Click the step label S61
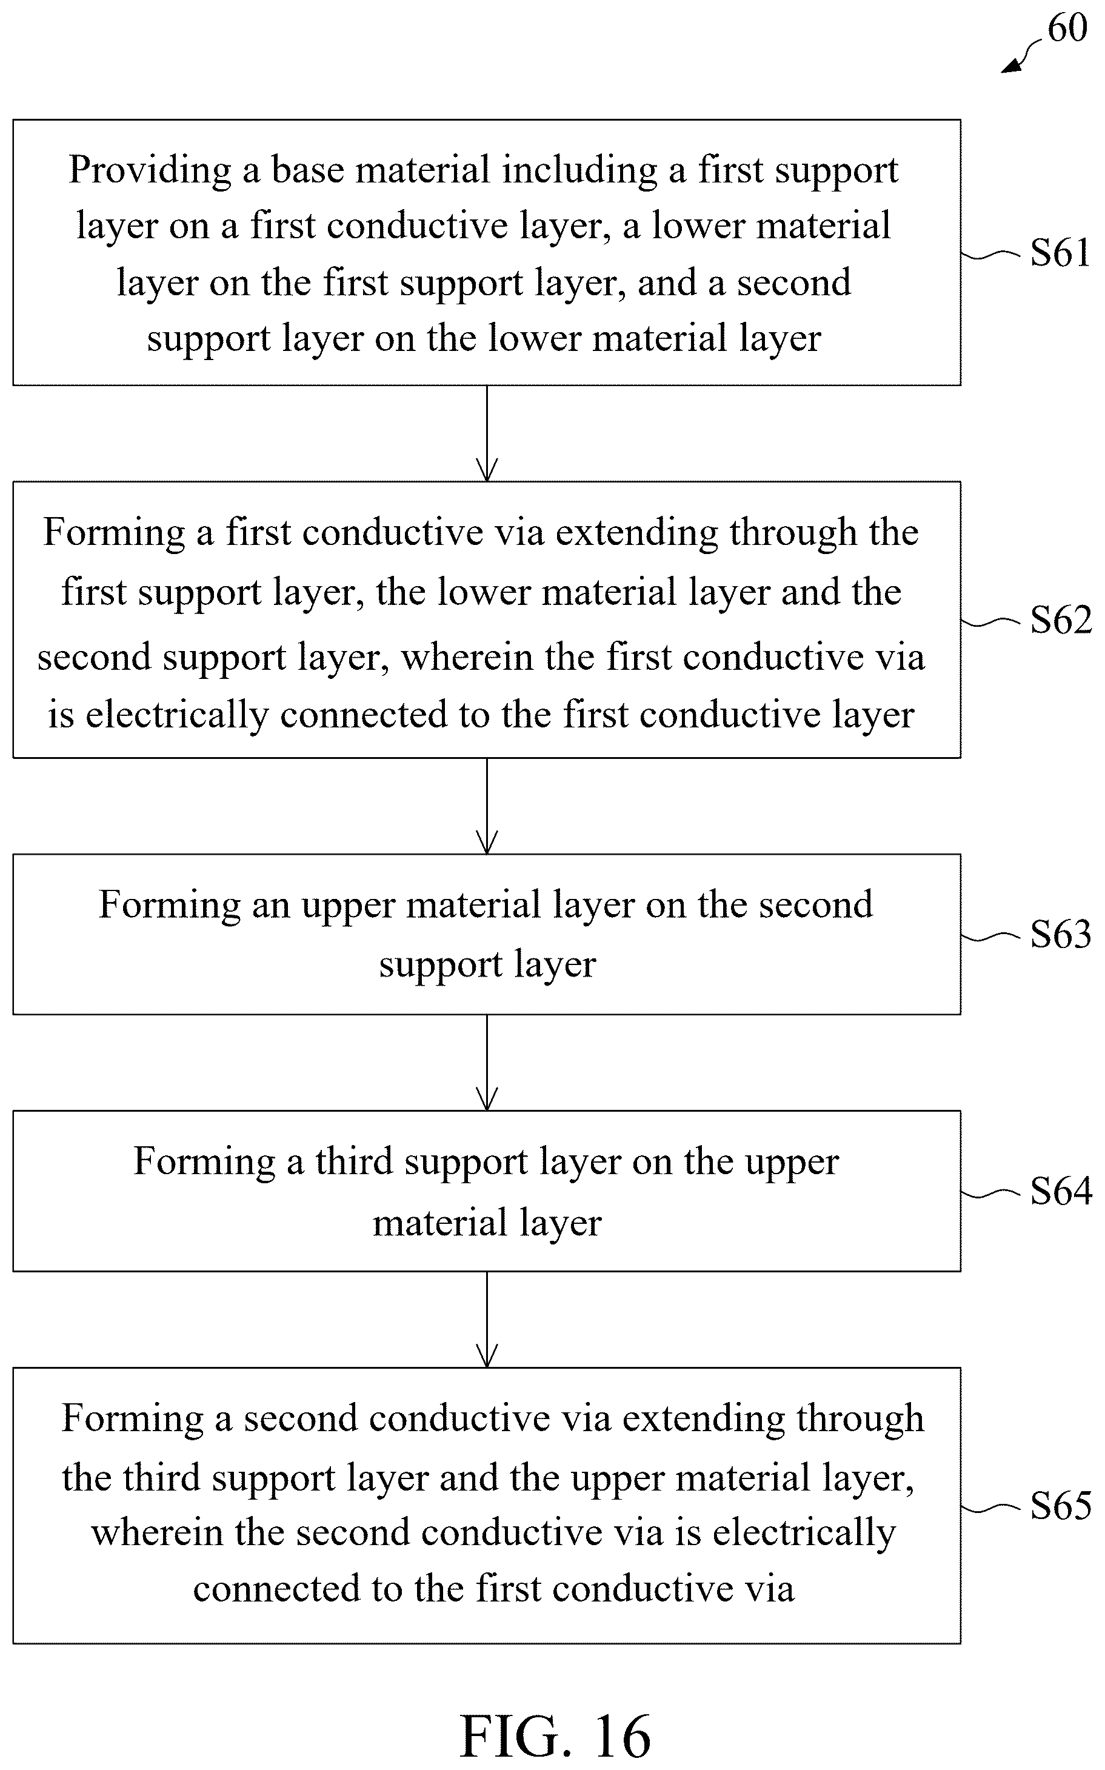point(1060,253)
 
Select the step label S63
point(1060,934)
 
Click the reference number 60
point(1067,28)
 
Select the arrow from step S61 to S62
point(487,433)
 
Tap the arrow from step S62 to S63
point(487,806)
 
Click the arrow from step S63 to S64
point(487,1063)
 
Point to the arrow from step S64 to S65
point(487,1320)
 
